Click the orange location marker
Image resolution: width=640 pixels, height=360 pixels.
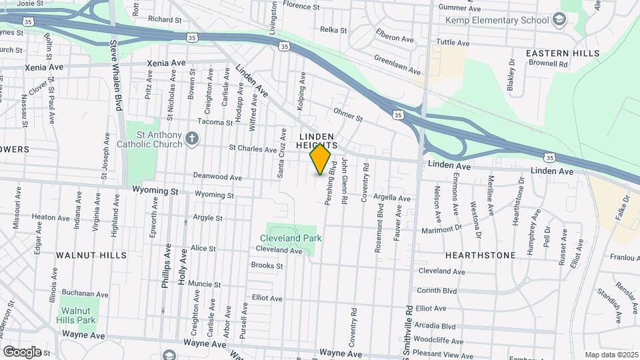321,159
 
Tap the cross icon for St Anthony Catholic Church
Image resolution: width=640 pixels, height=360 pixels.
192,139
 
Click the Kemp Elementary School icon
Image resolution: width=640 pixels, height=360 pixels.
559,19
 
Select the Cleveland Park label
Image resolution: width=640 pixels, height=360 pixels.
291,238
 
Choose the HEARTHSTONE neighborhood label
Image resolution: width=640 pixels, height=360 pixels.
480,255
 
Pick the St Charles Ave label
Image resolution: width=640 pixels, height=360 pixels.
252,149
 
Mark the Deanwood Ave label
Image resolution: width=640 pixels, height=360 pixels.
217,177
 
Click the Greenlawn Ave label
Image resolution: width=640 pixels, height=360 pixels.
397,65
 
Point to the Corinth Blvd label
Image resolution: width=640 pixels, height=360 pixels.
437,291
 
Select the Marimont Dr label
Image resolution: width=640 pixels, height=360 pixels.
441,230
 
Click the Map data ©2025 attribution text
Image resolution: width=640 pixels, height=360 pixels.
611,355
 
